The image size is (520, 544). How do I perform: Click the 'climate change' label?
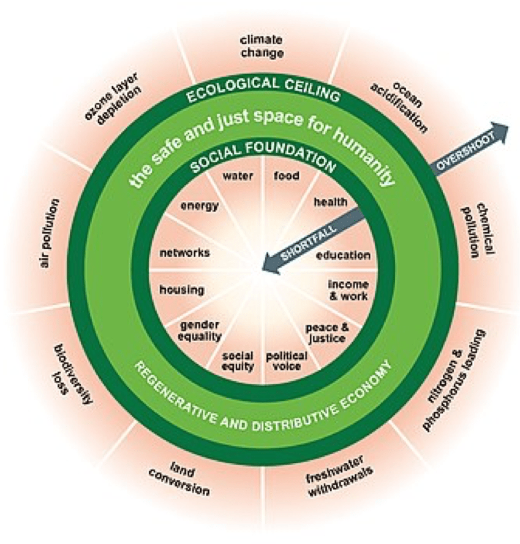[262, 47]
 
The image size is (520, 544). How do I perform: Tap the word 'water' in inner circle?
[238, 176]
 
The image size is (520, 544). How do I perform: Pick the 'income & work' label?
[348, 290]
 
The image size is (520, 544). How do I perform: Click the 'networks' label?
[184, 253]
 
